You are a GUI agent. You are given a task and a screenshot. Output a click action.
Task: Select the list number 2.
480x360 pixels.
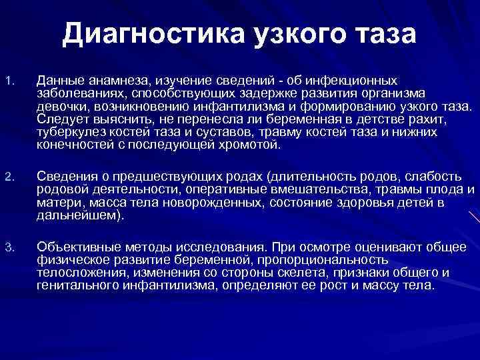point(7,177)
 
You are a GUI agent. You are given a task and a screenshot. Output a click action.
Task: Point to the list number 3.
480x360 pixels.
point(7,249)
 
